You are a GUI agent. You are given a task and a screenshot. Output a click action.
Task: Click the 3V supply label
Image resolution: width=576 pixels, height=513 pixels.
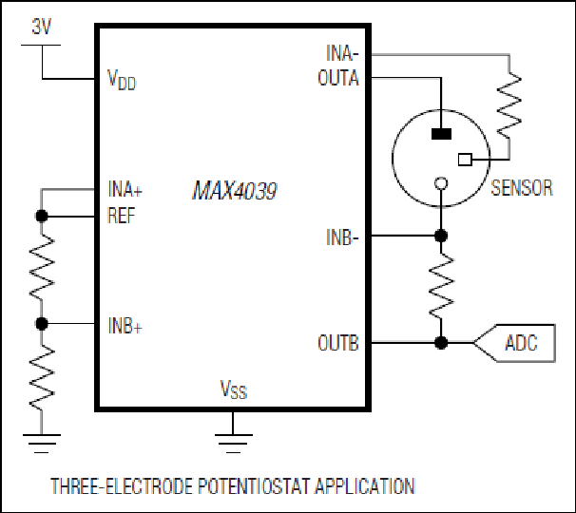click(x=41, y=27)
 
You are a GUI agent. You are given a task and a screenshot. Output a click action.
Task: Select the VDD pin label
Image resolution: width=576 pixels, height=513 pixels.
click(x=122, y=80)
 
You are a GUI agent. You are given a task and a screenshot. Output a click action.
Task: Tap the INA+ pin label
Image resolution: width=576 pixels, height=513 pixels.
click(x=125, y=189)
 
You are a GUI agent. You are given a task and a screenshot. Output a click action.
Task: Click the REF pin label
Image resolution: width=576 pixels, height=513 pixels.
click(x=122, y=216)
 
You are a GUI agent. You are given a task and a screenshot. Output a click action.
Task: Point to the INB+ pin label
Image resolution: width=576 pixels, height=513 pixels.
click(x=125, y=325)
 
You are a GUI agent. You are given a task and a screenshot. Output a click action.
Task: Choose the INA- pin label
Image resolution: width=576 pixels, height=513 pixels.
click(x=342, y=53)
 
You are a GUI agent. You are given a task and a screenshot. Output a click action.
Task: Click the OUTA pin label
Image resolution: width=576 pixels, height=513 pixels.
click(x=338, y=78)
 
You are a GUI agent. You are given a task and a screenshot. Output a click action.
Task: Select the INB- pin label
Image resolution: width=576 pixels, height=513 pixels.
click(x=342, y=237)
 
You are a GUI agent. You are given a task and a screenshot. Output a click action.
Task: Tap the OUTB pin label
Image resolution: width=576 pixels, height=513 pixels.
click(x=338, y=343)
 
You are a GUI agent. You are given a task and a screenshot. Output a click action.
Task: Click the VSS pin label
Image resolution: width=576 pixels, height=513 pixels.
click(x=234, y=389)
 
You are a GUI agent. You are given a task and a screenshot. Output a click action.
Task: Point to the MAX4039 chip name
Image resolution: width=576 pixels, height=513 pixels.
click(x=235, y=191)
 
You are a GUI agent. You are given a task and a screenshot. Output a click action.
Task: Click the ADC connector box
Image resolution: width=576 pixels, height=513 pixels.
click(x=514, y=343)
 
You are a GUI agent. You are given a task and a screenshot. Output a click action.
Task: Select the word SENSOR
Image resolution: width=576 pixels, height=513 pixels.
click(x=522, y=188)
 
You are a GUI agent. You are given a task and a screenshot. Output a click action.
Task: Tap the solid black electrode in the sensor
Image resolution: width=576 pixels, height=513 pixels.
click(x=441, y=134)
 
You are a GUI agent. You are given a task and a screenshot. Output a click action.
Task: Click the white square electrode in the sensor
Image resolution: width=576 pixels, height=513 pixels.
click(x=465, y=160)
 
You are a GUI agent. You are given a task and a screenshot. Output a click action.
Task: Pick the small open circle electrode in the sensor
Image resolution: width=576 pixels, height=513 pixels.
click(x=441, y=182)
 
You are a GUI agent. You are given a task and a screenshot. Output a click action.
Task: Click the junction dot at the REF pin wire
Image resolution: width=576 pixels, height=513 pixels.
click(x=42, y=217)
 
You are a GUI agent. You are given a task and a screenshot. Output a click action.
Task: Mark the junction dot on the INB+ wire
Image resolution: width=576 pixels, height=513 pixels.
click(x=42, y=324)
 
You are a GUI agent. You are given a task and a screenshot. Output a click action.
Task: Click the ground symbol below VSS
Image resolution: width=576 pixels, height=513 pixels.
click(x=233, y=444)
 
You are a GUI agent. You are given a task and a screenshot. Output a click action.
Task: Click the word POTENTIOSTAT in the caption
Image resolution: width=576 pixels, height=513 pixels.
click(x=255, y=485)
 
